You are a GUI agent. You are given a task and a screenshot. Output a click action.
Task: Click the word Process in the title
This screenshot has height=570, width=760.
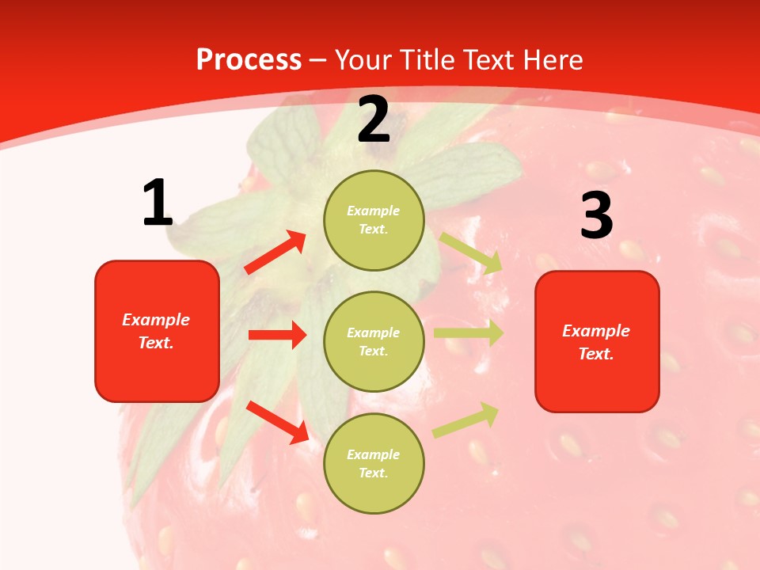(249, 60)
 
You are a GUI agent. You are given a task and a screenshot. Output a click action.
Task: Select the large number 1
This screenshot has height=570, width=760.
(158, 203)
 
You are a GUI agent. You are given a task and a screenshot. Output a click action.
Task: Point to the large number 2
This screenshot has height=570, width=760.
(374, 120)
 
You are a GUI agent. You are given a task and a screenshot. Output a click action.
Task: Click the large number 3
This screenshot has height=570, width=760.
(596, 215)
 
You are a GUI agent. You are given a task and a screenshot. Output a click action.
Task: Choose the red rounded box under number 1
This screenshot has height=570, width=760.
(157, 331)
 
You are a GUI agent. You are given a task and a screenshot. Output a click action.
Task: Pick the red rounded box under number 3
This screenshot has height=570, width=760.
(597, 341)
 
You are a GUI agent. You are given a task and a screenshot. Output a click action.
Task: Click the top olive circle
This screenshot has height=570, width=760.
(374, 220)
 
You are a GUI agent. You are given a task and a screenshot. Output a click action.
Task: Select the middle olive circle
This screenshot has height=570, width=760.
(374, 341)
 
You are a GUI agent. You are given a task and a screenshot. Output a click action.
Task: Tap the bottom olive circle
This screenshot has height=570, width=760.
(374, 463)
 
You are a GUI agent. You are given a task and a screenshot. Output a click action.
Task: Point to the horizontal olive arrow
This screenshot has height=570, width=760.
(468, 333)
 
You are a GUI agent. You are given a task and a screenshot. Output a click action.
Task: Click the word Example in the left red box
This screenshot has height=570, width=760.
(156, 320)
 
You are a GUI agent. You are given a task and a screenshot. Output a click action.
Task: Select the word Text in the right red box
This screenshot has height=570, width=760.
(595, 354)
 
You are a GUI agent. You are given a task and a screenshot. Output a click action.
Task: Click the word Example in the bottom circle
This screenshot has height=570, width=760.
(374, 454)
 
